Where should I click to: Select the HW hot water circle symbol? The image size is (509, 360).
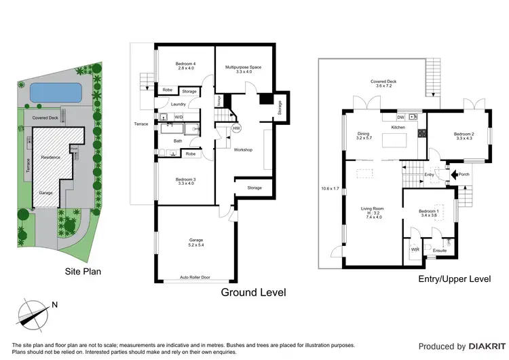(236, 128)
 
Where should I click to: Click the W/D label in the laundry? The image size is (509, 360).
(178, 117)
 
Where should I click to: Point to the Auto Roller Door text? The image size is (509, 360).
(195, 278)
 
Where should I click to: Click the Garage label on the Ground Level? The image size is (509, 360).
(195, 242)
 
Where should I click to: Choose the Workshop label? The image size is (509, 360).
(243, 149)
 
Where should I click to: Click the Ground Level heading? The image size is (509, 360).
(254, 292)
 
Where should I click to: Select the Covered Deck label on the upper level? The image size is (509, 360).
(383, 84)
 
